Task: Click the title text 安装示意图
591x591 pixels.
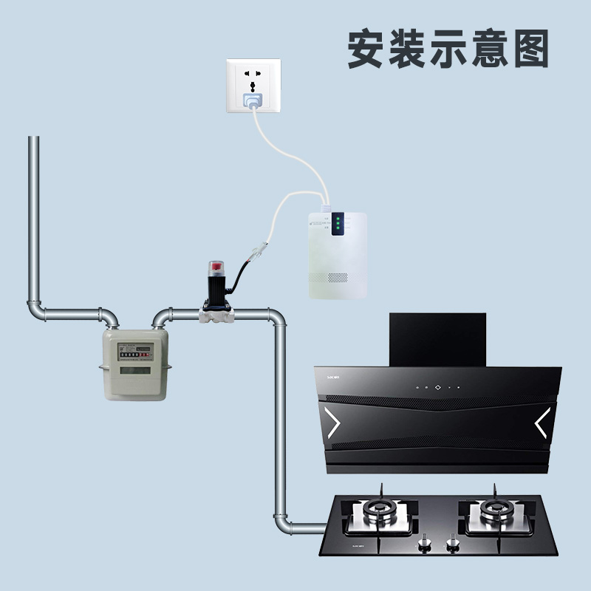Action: pos(448,49)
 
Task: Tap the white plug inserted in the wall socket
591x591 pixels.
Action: pos(253,100)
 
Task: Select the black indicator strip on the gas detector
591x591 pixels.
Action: pos(337,224)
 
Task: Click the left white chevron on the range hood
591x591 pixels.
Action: pos(333,423)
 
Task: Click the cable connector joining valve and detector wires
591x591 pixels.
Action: pos(255,251)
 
